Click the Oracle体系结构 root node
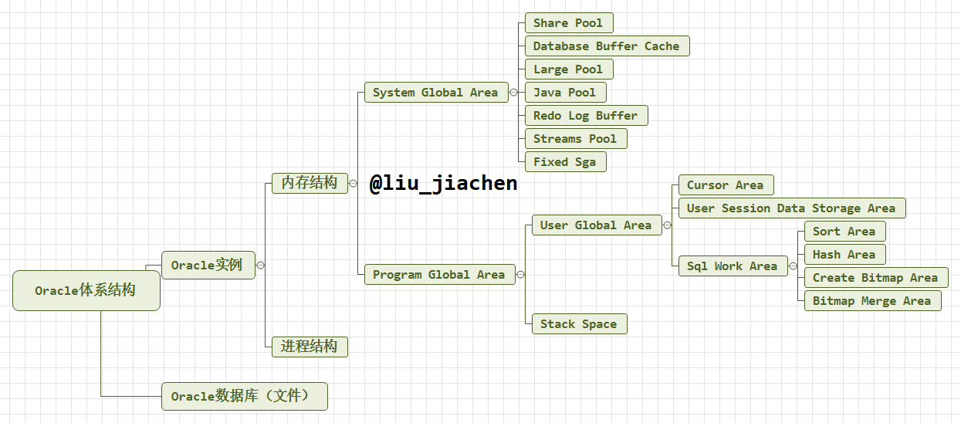pos(86,290)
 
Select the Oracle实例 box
pos(208,265)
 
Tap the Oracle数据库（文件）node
pos(244,396)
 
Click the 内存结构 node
pos(310,183)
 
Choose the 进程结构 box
pos(310,347)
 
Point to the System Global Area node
pos(435,93)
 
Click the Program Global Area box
pos(439,275)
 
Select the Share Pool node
pos(568,23)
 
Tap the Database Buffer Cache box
pos(606,46)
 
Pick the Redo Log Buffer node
pos(586,116)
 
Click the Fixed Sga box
pos(565,162)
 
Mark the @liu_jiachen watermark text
pos(443,184)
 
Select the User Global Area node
pos(596,225)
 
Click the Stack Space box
pos(579,324)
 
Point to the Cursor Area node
pos(725,185)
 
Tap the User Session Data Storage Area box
pos(791,208)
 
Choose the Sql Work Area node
pos(733,266)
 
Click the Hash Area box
pos(844,255)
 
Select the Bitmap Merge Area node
pos(872,301)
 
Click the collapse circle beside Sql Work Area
pos(793,266)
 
